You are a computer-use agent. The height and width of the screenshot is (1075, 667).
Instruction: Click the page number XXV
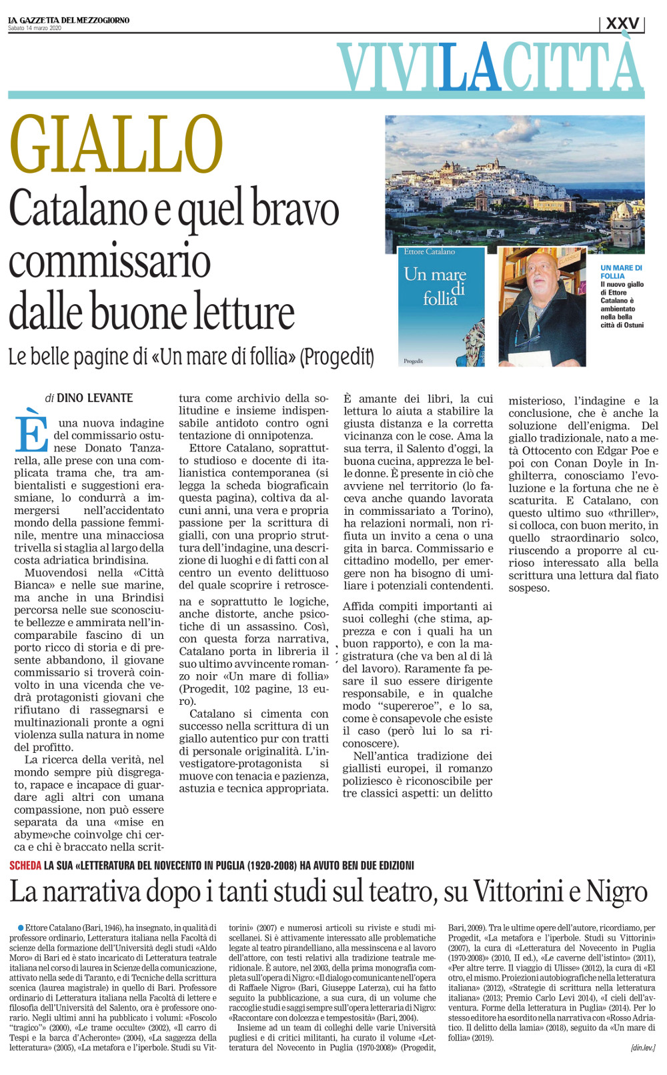(622, 23)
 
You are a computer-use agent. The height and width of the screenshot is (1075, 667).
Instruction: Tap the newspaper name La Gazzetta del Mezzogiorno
(69, 20)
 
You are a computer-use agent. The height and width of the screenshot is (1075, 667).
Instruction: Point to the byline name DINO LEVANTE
(95, 398)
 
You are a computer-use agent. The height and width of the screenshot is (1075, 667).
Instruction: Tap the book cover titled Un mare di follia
(442, 307)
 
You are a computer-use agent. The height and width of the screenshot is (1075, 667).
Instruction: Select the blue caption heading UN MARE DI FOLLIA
(621, 271)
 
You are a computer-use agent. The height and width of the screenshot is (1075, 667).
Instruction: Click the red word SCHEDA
(25, 865)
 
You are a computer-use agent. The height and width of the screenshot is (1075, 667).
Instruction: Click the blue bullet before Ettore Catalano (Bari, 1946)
(21, 927)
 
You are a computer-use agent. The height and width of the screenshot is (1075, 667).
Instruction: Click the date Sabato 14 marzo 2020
(35, 28)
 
